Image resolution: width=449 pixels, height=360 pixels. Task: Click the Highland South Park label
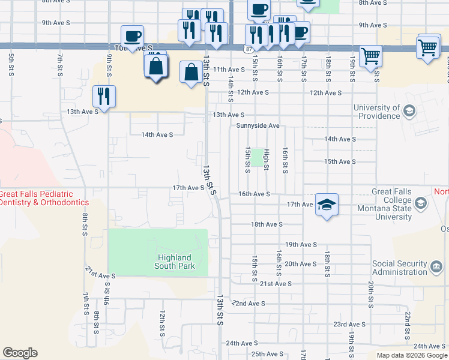pos(174,262)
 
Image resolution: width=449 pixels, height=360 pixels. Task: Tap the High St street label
pos(267,159)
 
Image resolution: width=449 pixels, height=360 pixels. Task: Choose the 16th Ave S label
pos(254,194)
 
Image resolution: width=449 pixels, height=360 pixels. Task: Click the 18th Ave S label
pos(267,224)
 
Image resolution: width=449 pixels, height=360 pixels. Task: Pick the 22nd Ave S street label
pos(249,304)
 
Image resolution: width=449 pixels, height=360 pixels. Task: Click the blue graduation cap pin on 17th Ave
pos(327,205)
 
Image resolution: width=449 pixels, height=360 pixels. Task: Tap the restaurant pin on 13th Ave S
pos(104,96)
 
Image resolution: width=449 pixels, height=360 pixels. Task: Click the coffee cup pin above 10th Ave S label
pos(132,36)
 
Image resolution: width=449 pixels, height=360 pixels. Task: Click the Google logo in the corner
pos(20,353)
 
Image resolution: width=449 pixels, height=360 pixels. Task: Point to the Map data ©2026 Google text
pos(412,355)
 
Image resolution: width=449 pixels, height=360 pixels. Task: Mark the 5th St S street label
pos(11,64)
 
